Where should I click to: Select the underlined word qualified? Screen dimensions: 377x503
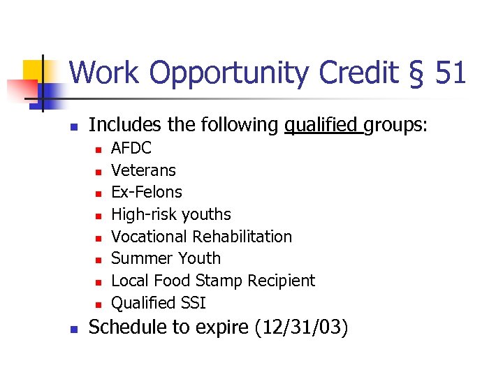coord(321,126)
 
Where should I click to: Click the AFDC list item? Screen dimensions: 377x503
coord(131,148)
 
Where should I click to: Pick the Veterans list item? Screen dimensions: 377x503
coord(143,170)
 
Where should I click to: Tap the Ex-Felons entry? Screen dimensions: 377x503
coord(147,192)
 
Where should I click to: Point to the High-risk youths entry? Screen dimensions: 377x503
coord(171,214)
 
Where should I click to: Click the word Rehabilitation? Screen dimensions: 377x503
coord(242,237)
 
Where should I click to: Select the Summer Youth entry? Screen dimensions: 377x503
coord(166,258)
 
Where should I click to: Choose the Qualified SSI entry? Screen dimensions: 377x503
coord(159,303)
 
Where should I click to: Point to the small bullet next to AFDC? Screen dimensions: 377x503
coord(99,149)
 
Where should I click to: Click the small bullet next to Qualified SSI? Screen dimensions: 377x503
coord(99,304)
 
